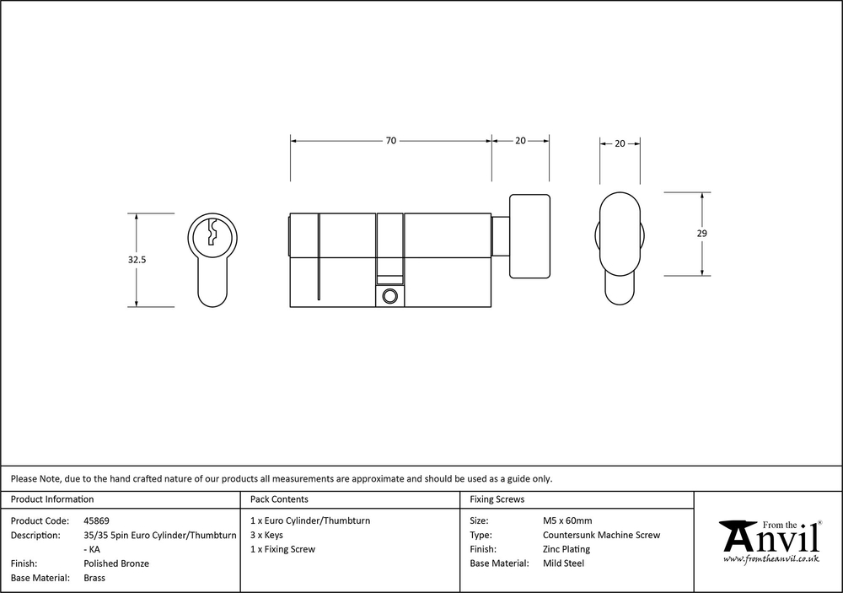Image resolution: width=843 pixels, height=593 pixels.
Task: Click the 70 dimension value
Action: pos(391,140)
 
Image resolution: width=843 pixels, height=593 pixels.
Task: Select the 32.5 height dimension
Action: pos(137,259)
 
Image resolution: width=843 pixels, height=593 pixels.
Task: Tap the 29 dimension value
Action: pos(701,234)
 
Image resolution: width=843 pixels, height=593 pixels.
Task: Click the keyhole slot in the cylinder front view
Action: pos(212,232)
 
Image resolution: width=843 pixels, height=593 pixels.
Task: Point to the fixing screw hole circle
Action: pos(389,295)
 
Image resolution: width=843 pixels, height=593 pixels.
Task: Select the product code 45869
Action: pos(96,521)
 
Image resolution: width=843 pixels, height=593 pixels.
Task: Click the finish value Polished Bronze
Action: pos(116,563)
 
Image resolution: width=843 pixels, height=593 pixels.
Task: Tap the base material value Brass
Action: pos(94,578)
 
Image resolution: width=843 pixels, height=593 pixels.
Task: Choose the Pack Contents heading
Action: pos(279,499)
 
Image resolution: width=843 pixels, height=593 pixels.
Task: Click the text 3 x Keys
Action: pos(266,535)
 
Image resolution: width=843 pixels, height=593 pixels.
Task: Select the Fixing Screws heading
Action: pos(497,499)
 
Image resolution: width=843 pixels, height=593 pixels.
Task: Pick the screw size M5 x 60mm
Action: pos(567,521)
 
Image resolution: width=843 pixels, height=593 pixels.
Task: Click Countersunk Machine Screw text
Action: pos(601,535)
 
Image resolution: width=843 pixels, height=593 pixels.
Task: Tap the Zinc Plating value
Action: pos(566,549)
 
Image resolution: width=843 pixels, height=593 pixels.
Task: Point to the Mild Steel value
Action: pos(563,563)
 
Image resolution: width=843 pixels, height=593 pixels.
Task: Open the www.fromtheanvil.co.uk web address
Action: pos(771,559)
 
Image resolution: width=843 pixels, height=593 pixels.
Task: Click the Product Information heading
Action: pos(52,499)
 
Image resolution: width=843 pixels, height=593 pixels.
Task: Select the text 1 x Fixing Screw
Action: pos(282,549)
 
